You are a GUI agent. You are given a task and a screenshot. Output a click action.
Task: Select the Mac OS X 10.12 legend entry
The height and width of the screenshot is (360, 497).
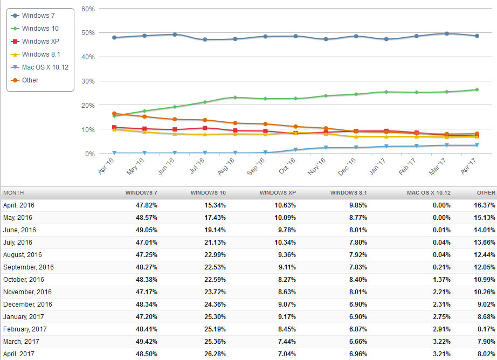45,67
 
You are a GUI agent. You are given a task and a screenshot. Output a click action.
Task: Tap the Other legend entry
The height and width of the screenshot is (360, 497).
30,80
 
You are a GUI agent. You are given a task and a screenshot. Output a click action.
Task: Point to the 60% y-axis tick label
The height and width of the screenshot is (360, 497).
88,9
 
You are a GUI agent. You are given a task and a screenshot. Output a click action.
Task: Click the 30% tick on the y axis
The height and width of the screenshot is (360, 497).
88,81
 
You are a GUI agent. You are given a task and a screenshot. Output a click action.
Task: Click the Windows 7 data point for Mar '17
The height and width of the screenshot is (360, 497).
447,33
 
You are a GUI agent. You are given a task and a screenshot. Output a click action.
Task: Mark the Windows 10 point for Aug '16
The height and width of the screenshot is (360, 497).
235,98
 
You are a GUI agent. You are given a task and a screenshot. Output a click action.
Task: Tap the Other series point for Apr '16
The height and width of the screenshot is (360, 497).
114,114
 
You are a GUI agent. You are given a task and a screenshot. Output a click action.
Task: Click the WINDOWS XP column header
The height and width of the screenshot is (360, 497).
277,192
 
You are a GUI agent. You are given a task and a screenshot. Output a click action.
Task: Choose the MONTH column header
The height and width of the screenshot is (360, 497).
13,192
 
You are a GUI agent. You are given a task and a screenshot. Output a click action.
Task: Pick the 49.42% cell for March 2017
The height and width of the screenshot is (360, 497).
144,342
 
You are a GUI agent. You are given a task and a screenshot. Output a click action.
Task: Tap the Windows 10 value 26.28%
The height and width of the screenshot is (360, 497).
213,354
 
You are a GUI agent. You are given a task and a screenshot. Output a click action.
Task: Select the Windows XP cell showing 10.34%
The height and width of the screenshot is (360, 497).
282,243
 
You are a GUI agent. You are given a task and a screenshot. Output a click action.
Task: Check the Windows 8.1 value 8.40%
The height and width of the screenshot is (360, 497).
354,280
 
